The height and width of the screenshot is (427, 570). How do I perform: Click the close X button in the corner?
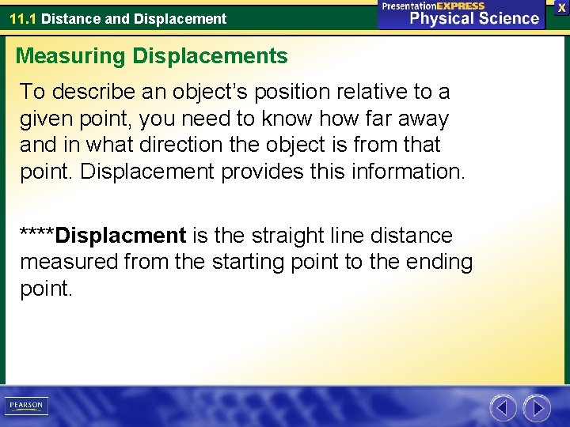[561, 7]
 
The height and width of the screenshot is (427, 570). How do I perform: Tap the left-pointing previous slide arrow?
[503, 408]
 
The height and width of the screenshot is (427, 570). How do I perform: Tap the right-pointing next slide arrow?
[537, 408]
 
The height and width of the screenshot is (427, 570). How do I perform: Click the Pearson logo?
[26, 406]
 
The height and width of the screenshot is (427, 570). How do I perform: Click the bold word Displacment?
[121, 236]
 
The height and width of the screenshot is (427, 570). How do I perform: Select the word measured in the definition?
[68, 262]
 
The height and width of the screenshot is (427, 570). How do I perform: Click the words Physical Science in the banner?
[473, 18]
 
